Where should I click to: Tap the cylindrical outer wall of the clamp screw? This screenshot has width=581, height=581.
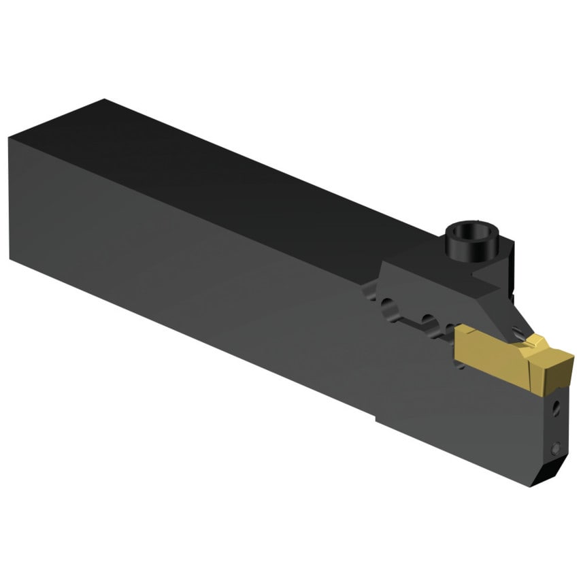454,250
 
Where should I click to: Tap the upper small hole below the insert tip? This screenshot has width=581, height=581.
556,410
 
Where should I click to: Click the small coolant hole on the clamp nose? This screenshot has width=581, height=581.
519,333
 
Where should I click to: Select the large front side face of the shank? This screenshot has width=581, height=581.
204,272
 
